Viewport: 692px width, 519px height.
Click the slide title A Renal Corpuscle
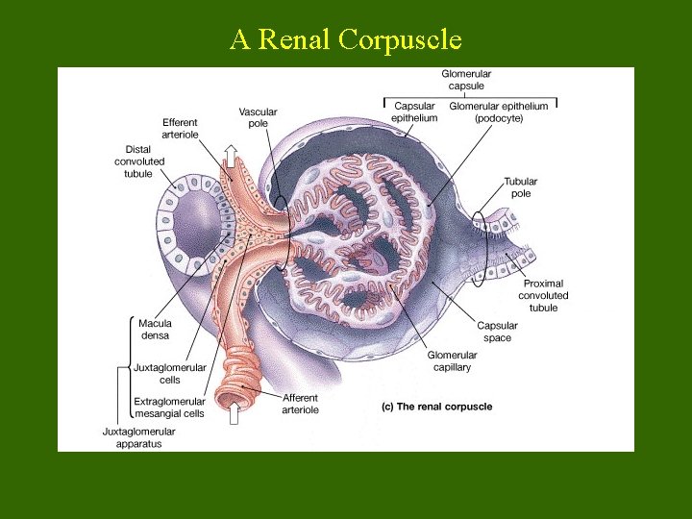346,39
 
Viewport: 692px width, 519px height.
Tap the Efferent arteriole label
180,129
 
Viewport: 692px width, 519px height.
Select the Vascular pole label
258,118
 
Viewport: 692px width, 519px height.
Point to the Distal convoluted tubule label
139,161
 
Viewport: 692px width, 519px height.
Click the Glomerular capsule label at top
466,80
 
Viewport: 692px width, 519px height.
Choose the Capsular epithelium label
414,112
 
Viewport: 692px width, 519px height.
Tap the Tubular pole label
520,187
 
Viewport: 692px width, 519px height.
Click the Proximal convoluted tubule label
543,296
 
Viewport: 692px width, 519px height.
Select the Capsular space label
497,332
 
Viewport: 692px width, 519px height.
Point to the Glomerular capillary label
452,361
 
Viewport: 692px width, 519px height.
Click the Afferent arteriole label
300,404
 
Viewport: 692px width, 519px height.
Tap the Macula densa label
155,330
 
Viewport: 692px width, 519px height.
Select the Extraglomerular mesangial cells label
169,408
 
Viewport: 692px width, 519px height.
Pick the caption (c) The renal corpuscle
437,407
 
